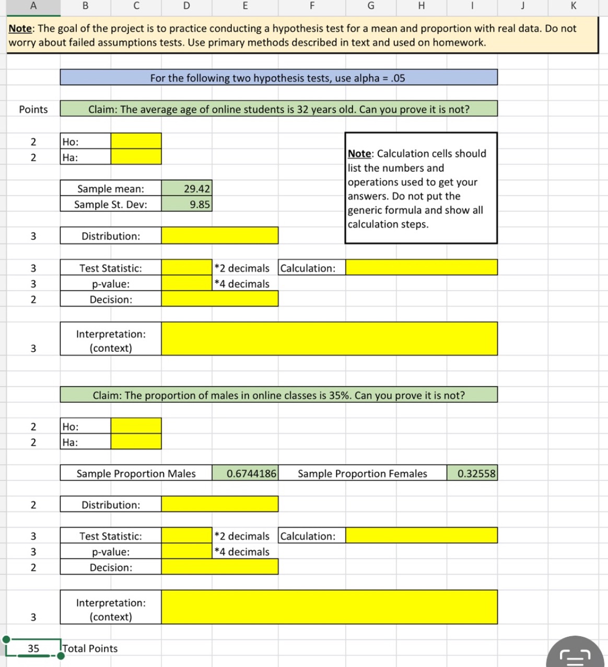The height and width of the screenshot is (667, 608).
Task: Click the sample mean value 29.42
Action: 196,189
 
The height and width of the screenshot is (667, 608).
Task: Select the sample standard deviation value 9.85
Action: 199,205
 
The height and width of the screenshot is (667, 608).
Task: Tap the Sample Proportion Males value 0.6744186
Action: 251,474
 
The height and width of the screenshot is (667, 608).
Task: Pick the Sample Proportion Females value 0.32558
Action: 476,474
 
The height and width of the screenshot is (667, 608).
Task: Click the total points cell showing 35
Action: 33,648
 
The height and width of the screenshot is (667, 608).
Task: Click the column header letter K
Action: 573,6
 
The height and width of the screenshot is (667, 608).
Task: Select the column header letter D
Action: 186,6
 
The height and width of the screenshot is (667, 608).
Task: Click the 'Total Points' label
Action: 90,648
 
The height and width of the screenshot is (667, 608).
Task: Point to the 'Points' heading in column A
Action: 33,109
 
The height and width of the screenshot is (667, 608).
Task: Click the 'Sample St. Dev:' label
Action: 111,205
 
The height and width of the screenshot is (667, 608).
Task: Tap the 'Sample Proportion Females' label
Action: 362,474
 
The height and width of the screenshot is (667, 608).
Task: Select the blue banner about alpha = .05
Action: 278,78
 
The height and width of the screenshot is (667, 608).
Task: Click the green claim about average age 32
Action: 278,109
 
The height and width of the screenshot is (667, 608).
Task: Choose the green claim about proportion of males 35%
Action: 278,395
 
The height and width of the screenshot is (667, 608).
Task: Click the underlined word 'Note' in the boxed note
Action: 359,154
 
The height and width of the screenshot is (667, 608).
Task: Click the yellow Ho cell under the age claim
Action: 136,141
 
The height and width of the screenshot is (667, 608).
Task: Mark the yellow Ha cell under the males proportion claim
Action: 136,442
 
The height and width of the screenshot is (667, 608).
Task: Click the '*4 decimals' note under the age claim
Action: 242,284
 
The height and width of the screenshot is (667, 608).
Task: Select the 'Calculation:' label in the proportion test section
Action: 308,536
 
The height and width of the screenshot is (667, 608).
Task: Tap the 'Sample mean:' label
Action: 111,189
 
